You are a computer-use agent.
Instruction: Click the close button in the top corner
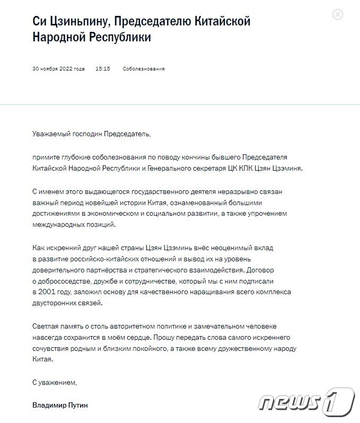click(x=338, y=14)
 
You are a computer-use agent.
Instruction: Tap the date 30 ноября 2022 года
click(x=58, y=69)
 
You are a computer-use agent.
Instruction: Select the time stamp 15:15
click(x=103, y=69)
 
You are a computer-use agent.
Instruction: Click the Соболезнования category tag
click(x=144, y=69)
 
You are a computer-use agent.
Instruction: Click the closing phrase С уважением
click(x=55, y=382)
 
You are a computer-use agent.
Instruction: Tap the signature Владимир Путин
click(x=60, y=405)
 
